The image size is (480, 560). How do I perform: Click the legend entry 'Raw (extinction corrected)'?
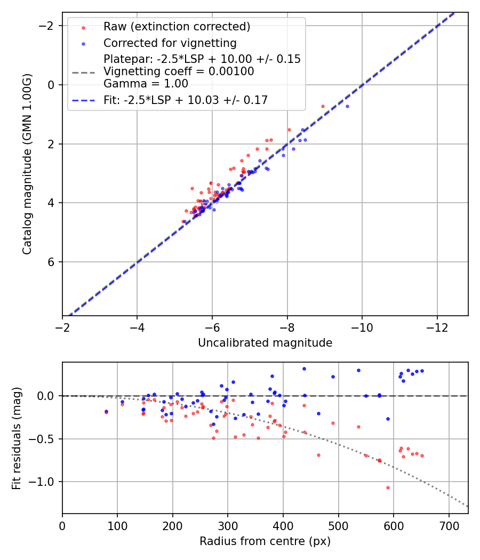click(x=177, y=27)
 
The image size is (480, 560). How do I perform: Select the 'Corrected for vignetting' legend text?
click(x=170, y=43)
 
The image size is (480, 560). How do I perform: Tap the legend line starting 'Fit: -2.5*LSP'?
click(x=186, y=100)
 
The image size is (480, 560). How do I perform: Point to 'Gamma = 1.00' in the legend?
click(x=146, y=83)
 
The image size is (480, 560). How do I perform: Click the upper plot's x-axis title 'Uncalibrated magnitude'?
click(x=265, y=342)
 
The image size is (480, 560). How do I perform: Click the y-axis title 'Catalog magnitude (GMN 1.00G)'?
click(x=27, y=164)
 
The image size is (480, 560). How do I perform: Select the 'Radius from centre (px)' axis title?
click(x=265, y=541)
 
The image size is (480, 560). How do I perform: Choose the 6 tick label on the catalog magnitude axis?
click(x=52, y=262)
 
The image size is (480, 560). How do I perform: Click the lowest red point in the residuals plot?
click(x=388, y=487)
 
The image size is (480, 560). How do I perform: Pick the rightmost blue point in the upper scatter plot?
click(x=347, y=106)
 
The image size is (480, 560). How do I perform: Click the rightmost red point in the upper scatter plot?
click(x=323, y=106)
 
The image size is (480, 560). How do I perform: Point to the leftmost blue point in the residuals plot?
click(x=106, y=411)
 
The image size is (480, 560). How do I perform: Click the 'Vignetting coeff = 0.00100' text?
click(x=179, y=71)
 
